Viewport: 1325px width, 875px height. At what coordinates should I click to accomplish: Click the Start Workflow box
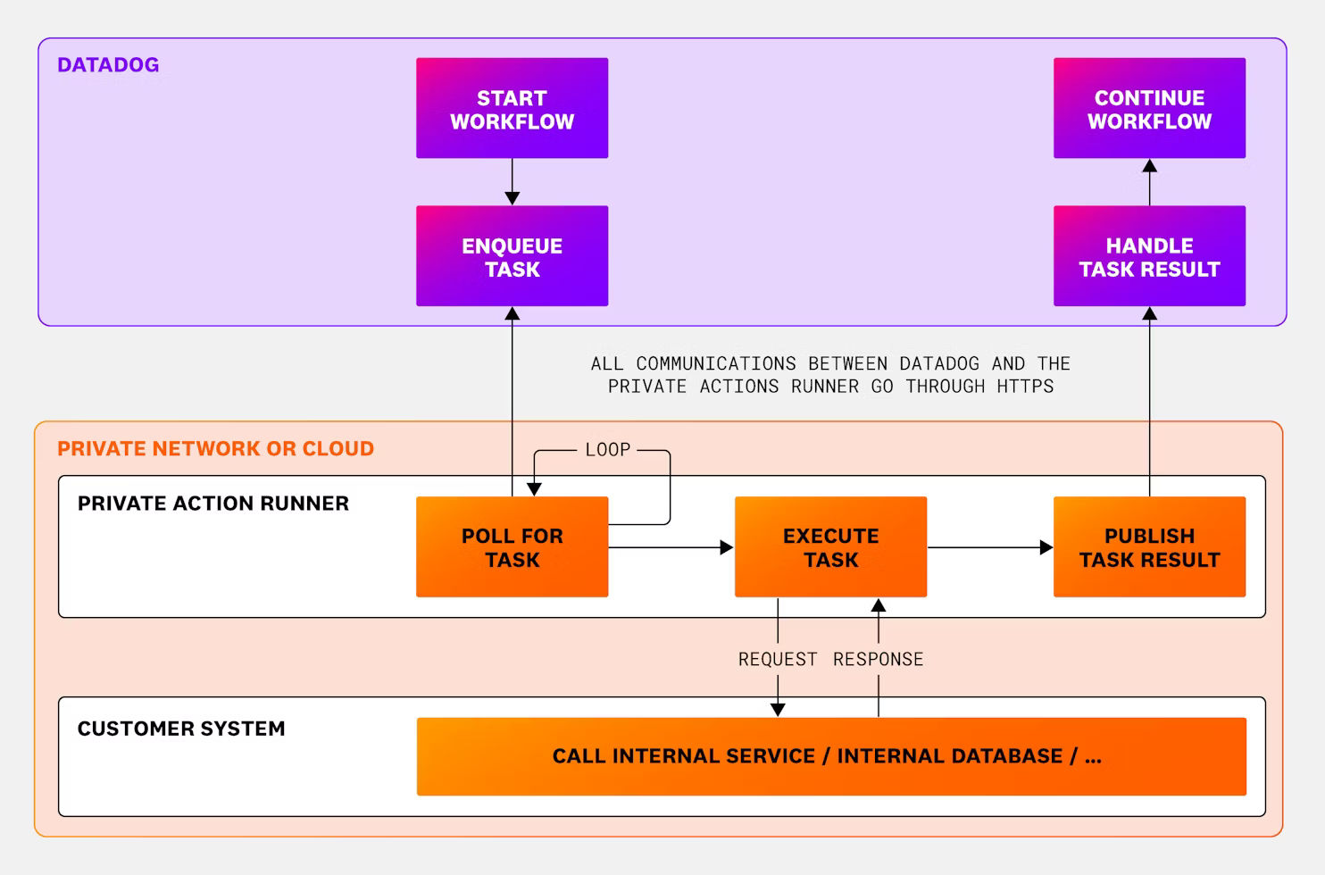[x=512, y=109]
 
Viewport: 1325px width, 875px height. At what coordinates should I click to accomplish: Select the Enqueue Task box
[x=512, y=256]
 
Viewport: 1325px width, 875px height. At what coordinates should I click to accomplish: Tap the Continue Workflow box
[x=1149, y=109]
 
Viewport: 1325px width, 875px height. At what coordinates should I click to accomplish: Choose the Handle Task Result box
[x=1149, y=256]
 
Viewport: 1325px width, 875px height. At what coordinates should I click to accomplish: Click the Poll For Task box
[x=512, y=547]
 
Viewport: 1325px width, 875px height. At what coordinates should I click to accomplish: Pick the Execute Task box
[x=830, y=547]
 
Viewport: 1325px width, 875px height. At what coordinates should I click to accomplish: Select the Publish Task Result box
[x=1149, y=547]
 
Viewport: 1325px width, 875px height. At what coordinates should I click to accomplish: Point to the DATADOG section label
[x=108, y=65]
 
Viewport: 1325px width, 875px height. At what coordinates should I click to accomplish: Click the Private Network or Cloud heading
[x=215, y=449]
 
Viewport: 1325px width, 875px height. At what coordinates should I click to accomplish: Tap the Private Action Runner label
[x=212, y=504]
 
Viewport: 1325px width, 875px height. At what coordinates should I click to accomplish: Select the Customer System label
[x=181, y=729]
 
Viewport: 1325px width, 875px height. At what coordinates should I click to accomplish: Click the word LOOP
[x=608, y=450]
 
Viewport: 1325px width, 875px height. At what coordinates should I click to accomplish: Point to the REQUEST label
[x=778, y=660]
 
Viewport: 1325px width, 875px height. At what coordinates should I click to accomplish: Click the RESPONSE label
[x=878, y=660]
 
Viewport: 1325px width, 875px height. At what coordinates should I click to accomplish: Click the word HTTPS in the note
[x=1024, y=387]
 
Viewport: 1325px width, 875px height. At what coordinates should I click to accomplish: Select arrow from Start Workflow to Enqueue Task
[x=512, y=182]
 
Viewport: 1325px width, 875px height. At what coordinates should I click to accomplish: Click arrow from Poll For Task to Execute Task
[x=671, y=547]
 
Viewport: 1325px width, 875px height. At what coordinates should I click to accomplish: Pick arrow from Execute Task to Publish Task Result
[x=989, y=547]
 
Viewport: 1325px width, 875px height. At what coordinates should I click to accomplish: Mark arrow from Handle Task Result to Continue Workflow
[x=1149, y=182]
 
